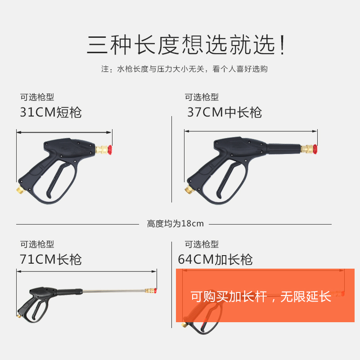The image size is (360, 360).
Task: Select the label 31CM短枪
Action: coord(51,112)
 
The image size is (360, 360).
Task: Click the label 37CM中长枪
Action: coord(224,112)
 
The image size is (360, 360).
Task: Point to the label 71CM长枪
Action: coord(51,260)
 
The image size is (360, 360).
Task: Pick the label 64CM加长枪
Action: coord(215,260)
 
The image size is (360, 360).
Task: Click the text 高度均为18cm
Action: coord(175,224)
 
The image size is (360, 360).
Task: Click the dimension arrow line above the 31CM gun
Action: coord(64,132)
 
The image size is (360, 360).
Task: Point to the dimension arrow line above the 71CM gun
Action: coord(86,271)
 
